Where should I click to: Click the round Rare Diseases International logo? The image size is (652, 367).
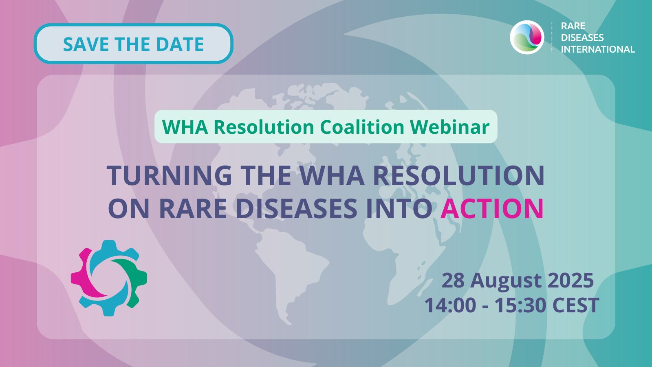point(527,37)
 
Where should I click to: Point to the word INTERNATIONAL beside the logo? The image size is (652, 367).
point(598,49)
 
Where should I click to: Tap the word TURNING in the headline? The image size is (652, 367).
point(170,175)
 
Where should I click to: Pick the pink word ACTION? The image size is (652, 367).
point(491,208)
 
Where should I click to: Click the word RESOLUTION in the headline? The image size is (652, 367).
point(459,175)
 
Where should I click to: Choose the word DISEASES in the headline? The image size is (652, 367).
point(296,208)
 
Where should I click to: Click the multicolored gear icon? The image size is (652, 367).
point(109,278)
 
